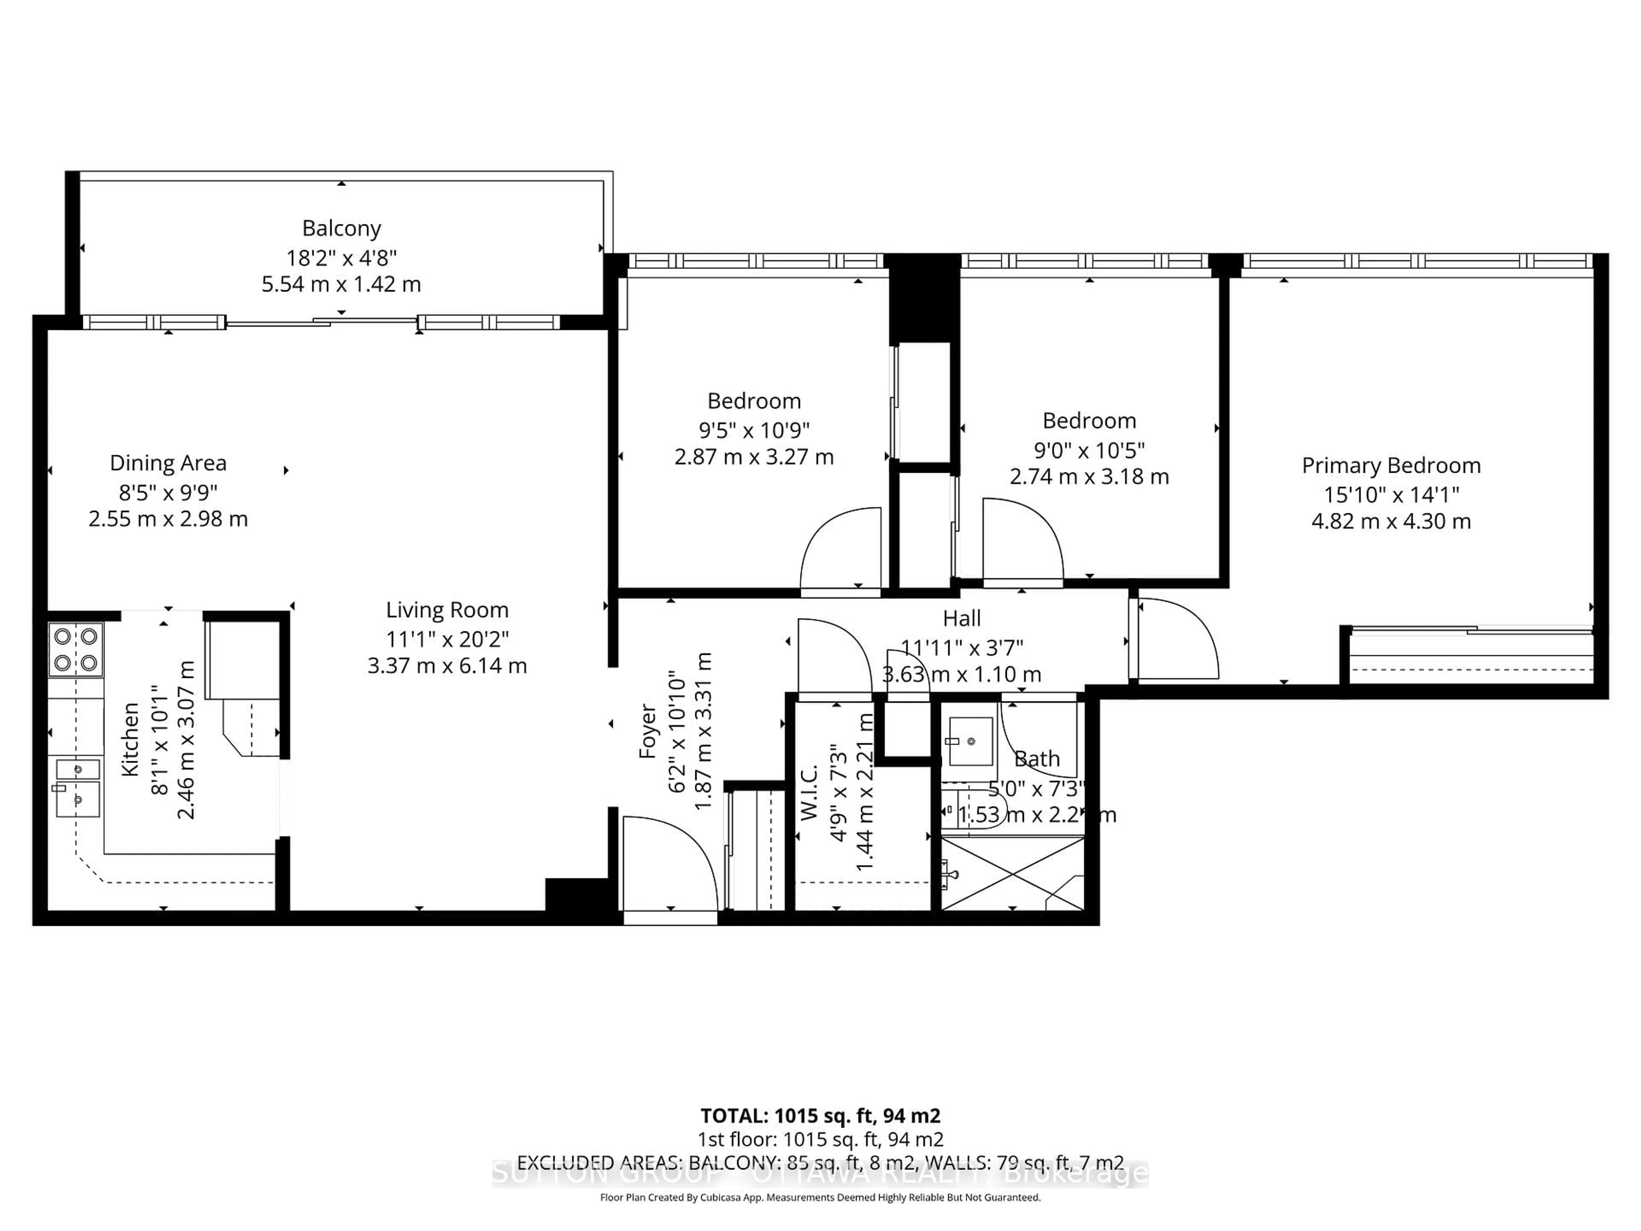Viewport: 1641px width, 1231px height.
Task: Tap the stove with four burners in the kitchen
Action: pos(76,649)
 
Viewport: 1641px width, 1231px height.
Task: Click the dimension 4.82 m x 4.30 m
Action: pos(1391,521)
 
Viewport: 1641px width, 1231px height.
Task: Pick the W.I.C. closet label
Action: pos(809,792)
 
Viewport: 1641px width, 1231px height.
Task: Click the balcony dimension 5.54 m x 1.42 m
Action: pos(341,284)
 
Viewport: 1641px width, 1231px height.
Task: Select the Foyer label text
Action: pos(648,731)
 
